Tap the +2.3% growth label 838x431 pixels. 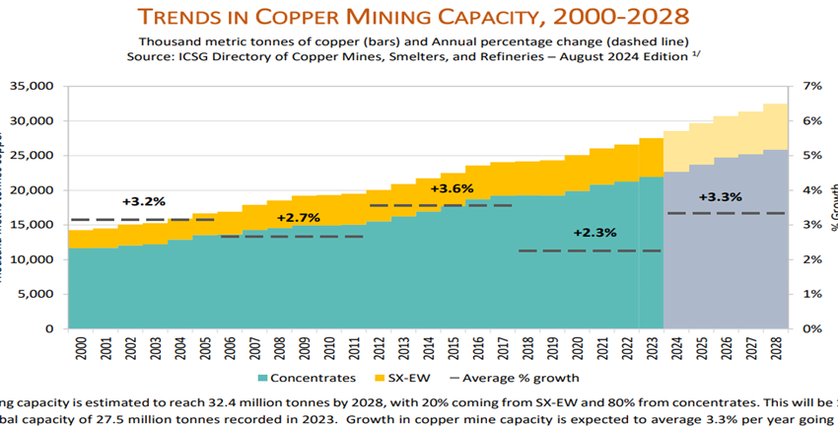click(594, 233)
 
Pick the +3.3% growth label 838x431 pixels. click(720, 197)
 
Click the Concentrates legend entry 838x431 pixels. click(306, 378)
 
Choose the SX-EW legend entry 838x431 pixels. click(403, 378)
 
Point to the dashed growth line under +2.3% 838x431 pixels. click(590, 251)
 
